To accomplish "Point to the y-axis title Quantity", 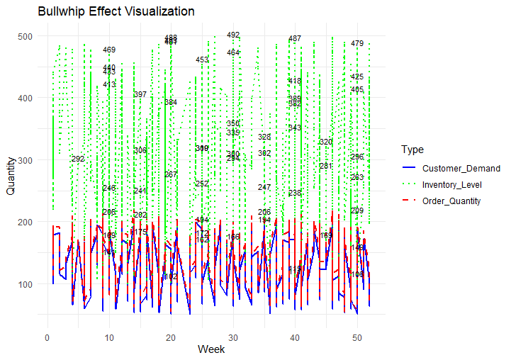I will pyautogui.click(x=11, y=176).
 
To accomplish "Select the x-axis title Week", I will pyautogui.click(x=211, y=349).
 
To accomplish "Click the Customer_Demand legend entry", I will pyautogui.click(x=461, y=169).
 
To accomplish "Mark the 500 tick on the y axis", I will pyautogui.click(x=25, y=36).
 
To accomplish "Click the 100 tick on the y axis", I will pyautogui.click(x=25, y=285).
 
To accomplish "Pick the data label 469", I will pyautogui.click(x=109, y=50).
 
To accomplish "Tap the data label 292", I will pyautogui.click(x=78, y=159).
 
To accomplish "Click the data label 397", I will pyautogui.click(x=140, y=94).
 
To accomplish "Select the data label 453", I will pyautogui.click(x=202, y=60).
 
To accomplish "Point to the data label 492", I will pyautogui.click(x=233, y=35).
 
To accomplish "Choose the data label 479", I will pyautogui.click(x=357, y=43).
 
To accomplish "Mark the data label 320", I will pyautogui.click(x=326, y=142).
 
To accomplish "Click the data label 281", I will pyautogui.click(x=326, y=166).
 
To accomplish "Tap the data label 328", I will pyautogui.click(x=264, y=137).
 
